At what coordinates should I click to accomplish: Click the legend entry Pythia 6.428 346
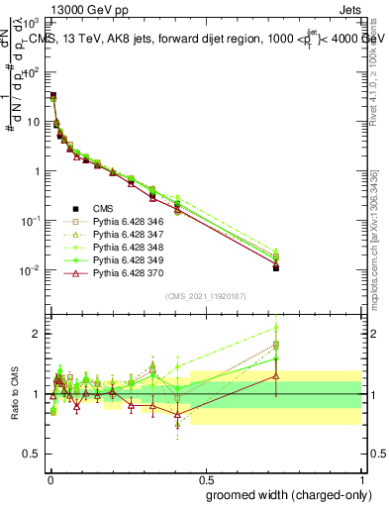pyautogui.click(x=126, y=222)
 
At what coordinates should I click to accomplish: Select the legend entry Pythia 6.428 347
pyautogui.click(x=126, y=235)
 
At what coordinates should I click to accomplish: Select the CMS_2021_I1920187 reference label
pyautogui.click(x=205, y=297)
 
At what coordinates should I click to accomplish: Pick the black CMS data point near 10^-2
pyautogui.click(x=276, y=267)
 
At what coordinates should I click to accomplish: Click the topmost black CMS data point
pyautogui.click(x=52, y=96)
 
